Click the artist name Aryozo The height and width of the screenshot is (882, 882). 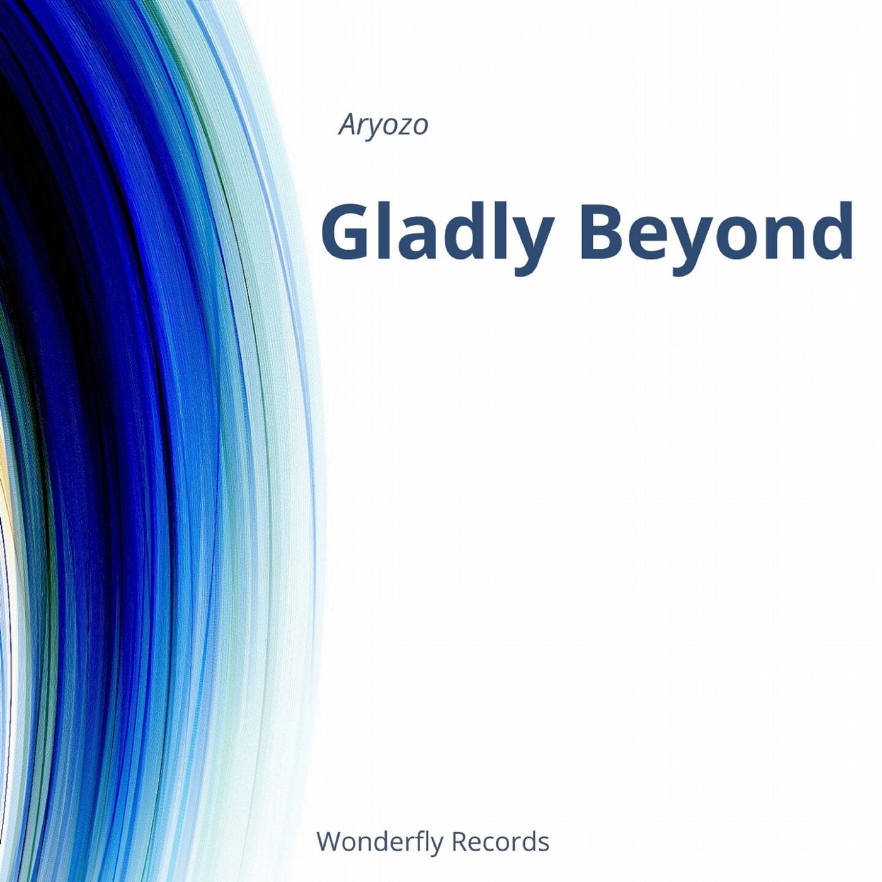coord(383,126)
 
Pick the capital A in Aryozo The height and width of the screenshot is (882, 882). coord(347,125)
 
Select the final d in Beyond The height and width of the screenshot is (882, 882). coord(832,232)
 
